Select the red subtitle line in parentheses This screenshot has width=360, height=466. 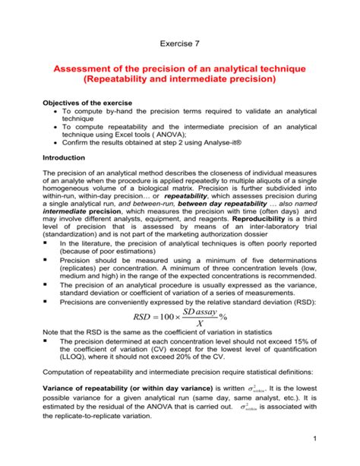coord(180,80)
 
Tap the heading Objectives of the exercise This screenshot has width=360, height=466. coord(96,102)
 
